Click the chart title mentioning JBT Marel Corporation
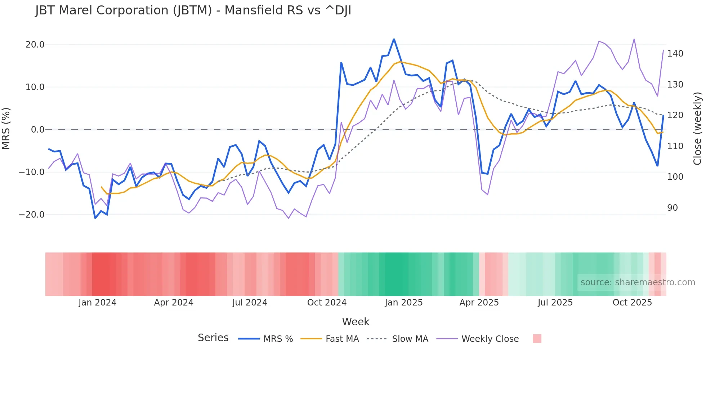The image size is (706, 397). pyautogui.click(x=193, y=10)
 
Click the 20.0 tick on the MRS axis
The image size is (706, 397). pyautogui.click(x=35, y=45)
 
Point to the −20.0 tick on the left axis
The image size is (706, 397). pyautogui.click(x=32, y=215)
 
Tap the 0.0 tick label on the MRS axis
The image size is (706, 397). pyautogui.click(x=37, y=130)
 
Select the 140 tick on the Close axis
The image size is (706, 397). pyautogui.click(x=675, y=54)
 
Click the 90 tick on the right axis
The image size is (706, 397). pyautogui.click(x=672, y=208)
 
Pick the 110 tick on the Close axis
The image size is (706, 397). pyautogui.click(x=675, y=146)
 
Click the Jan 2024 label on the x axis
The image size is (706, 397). pyautogui.click(x=97, y=303)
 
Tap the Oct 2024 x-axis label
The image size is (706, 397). pyautogui.click(x=327, y=303)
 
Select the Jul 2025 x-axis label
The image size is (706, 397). pyautogui.click(x=555, y=303)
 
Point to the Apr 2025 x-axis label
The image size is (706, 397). pyautogui.click(x=479, y=303)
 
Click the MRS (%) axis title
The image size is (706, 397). pyautogui.click(x=6, y=129)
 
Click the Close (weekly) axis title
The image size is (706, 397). pyautogui.click(x=697, y=129)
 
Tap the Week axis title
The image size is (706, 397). pyautogui.click(x=356, y=322)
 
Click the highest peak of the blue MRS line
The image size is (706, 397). pyautogui.click(x=394, y=39)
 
